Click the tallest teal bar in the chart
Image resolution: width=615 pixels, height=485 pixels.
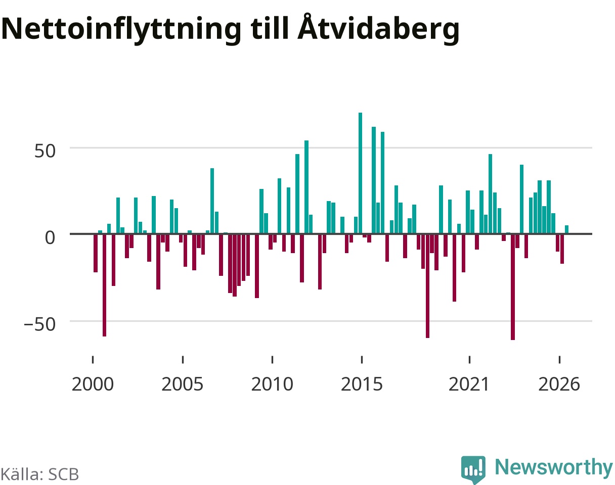coord(360,173)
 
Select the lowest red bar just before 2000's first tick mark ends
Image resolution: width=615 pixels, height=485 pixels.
coord(104,285)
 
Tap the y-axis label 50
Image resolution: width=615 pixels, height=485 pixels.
coord(45,151)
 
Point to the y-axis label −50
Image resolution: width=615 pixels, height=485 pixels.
coord(40,324)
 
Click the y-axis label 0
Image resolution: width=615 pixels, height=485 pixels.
coord(50,237)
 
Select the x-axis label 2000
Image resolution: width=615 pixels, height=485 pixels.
coord(93,384)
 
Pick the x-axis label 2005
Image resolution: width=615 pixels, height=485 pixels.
coord(183,384)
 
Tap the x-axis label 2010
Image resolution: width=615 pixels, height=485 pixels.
coord(272,384)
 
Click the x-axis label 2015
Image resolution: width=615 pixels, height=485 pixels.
coord(362,384)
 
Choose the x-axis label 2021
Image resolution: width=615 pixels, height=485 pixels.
coord(469,384)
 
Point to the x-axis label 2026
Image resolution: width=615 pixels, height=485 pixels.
coord(559,384)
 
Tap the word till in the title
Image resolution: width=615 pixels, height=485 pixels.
coord(270,28)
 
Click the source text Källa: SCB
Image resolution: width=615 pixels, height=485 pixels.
coord(40,474)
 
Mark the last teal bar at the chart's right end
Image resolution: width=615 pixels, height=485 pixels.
coord(566,229)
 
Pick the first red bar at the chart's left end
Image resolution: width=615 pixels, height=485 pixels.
coord(96,253)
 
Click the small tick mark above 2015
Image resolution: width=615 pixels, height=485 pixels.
coord(362,360)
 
